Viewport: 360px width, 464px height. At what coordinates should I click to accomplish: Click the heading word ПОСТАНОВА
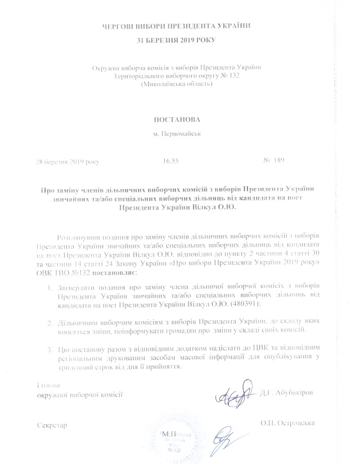[176, 120]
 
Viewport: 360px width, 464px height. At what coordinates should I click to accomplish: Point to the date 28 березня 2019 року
[67, 161]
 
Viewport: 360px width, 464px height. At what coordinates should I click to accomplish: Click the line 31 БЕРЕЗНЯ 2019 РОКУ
[176, 40]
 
